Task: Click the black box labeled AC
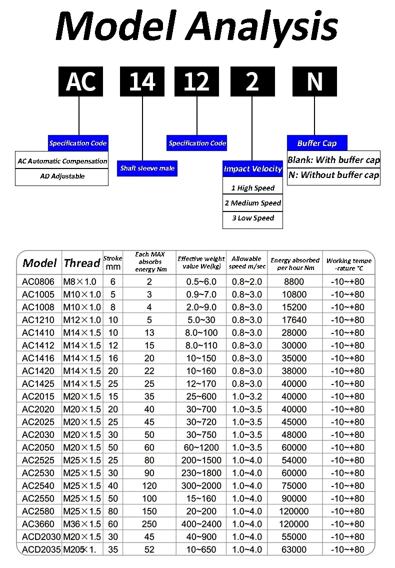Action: click(x=80, y=81)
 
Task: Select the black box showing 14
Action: click(x=142, y=81)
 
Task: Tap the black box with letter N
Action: click(x=314, y=81)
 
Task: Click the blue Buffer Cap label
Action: click(x=317, y=143)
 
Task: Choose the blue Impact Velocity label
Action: click(x=252, y=169)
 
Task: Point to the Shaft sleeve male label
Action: click(x=147, y=168)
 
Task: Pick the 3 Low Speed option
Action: click(x=252, y=218)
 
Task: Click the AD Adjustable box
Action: click(x=62, y=176)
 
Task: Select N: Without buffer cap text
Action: click(x=333, y=175)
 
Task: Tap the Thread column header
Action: click(x=82, y=263)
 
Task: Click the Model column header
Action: click(x=40, y=263)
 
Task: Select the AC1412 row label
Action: click(x=38, y=345)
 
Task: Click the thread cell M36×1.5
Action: click(x=82, y=524)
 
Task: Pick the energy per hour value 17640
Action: click(x=295, y=320)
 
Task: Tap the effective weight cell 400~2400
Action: click(x=201, y=524)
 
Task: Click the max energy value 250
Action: click(x=149, y=524)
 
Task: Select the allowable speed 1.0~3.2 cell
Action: click(x=247, y=396)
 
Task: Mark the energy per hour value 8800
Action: click(x=295, y=281)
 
